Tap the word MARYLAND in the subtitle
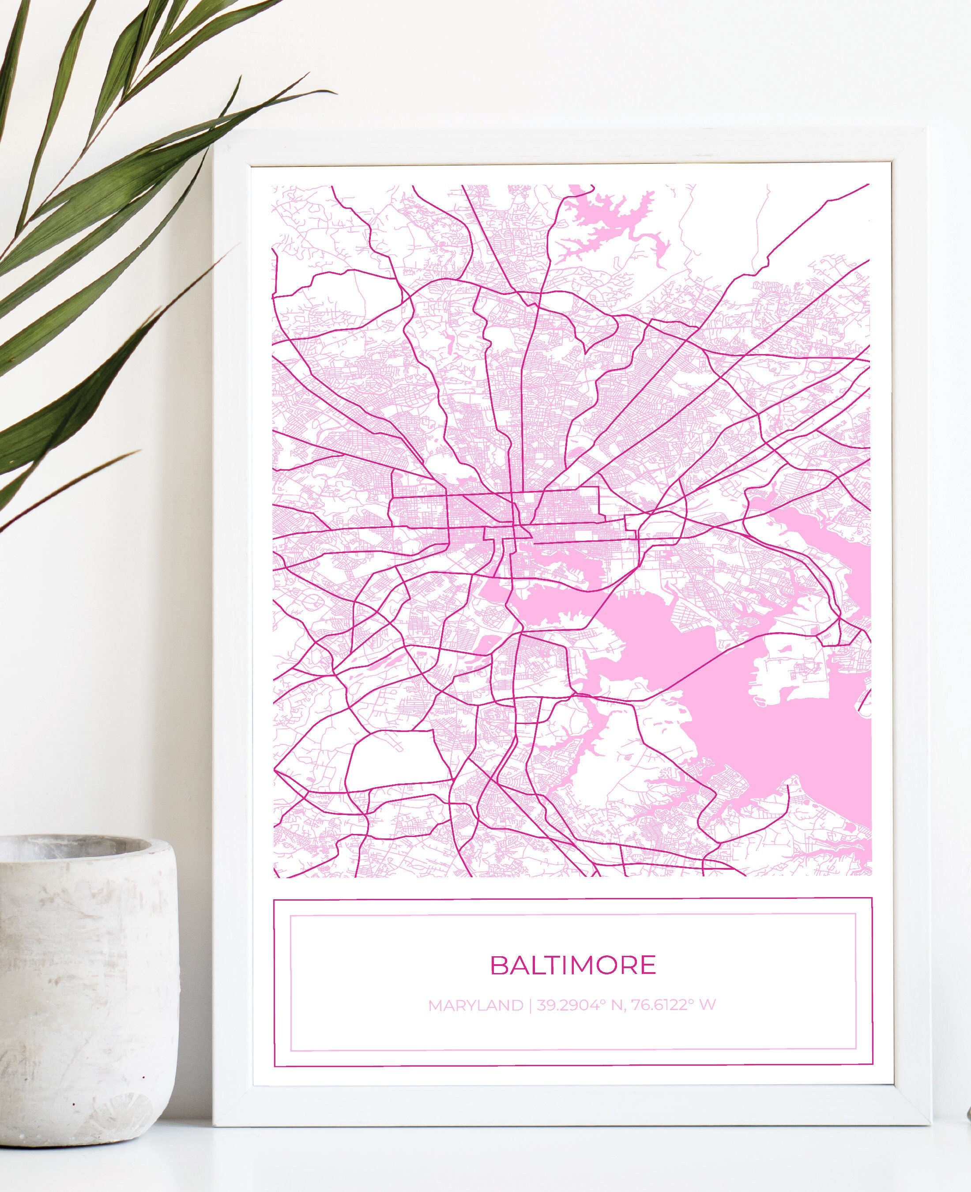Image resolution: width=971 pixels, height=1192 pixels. tap(475, 1005)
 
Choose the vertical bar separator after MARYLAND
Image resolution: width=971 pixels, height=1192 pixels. tap(530, 1005)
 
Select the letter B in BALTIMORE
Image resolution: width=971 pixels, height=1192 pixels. tap(499, 965)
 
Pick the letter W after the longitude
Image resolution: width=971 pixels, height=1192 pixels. tap(708, 1005)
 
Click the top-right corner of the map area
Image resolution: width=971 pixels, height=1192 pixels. tap(870, 184)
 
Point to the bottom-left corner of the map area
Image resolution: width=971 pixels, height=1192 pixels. tap(273, 876)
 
